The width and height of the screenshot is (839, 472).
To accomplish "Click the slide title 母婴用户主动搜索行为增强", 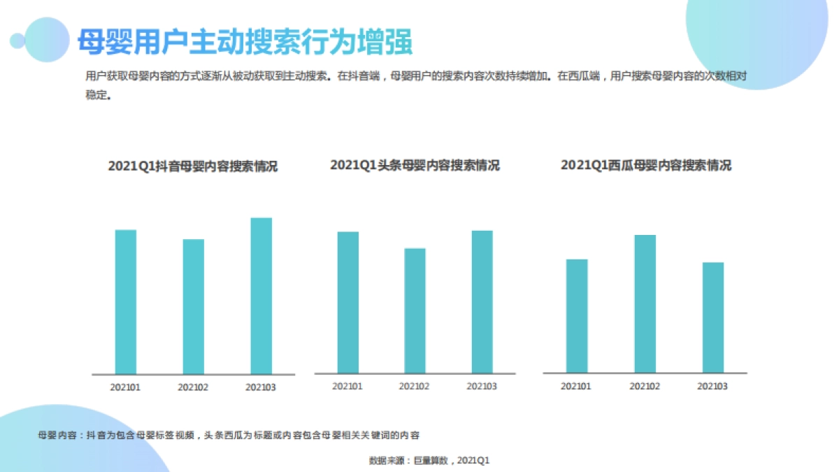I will coord(244,41).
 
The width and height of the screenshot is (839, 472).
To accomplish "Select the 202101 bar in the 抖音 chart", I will coord(126,301).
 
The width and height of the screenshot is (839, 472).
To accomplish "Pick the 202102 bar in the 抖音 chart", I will coord(194,306).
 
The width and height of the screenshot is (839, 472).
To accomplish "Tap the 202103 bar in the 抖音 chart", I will coord(261,295).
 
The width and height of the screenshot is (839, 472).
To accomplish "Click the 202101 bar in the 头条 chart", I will coord(347,302).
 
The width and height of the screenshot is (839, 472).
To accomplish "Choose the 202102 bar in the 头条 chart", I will coord(415,310).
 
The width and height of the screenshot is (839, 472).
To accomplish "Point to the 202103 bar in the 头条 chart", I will coord(482,301).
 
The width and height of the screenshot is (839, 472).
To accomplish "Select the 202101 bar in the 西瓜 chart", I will coord(577,316).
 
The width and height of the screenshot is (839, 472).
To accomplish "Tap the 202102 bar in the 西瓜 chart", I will coord(645,303).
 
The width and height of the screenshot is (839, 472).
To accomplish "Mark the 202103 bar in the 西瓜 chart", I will coord(712,317).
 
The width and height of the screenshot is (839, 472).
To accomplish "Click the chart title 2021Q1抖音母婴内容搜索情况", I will coord(193,166).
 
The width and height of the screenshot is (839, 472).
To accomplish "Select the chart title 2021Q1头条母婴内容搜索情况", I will coord(415,165).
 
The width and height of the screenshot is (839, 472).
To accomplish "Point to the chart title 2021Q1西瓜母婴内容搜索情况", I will coord(645,165).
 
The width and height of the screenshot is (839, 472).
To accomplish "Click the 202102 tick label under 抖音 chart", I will coord(194,387).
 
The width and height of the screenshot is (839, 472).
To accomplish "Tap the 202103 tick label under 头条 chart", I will coord(482,386).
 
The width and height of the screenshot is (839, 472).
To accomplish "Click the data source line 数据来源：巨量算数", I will coord(429,460).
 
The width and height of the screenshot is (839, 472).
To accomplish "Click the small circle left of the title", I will coord(17,41).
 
